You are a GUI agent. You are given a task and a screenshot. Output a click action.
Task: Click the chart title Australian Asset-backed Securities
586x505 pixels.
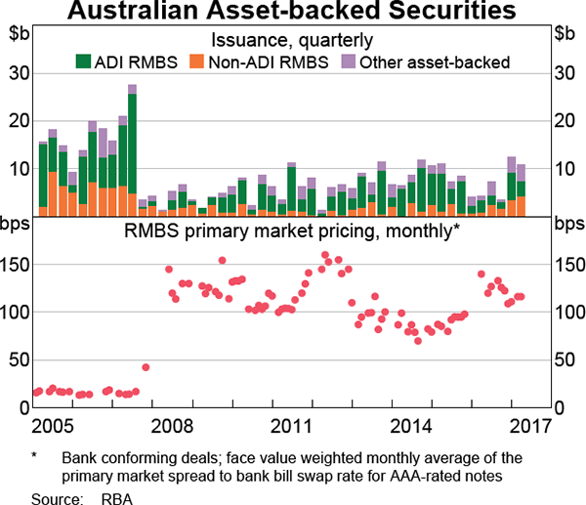click(293, 13)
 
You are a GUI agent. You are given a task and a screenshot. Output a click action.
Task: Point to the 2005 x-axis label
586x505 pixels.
click(51, 427)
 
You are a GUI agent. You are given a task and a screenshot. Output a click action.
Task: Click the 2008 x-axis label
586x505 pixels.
click(171, 427)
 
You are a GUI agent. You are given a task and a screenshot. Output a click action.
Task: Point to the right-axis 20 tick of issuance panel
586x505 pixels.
click(565, 120)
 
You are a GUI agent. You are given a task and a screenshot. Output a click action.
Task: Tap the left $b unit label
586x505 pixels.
click(20, 34)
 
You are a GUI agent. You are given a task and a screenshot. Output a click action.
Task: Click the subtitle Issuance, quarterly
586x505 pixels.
click(292, 40)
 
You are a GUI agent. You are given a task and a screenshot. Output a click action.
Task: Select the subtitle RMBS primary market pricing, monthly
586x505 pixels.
click(292, 231)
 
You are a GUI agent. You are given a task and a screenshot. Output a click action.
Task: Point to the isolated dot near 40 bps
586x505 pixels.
click(146, 367)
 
